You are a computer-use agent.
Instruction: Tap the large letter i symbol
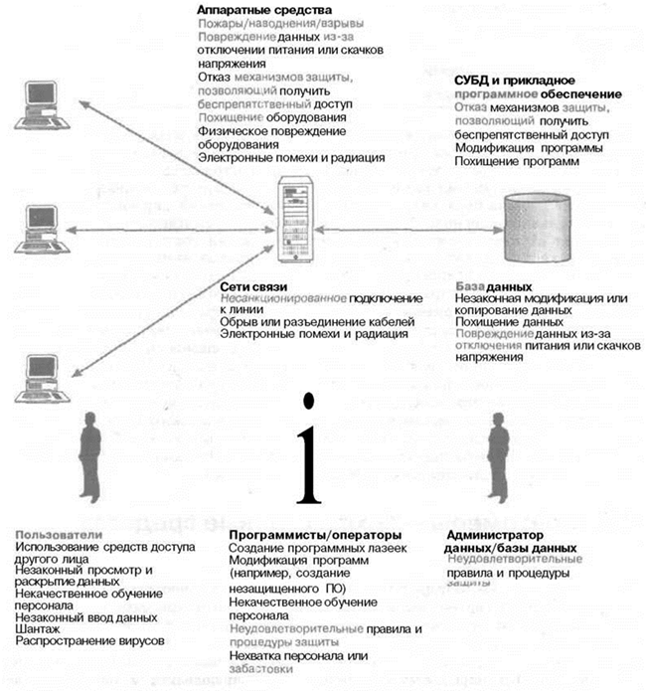[x=312, y=451]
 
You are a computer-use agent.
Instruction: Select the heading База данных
[x=489, y=286]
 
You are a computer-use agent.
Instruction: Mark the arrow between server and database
[x=413, y=229]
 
